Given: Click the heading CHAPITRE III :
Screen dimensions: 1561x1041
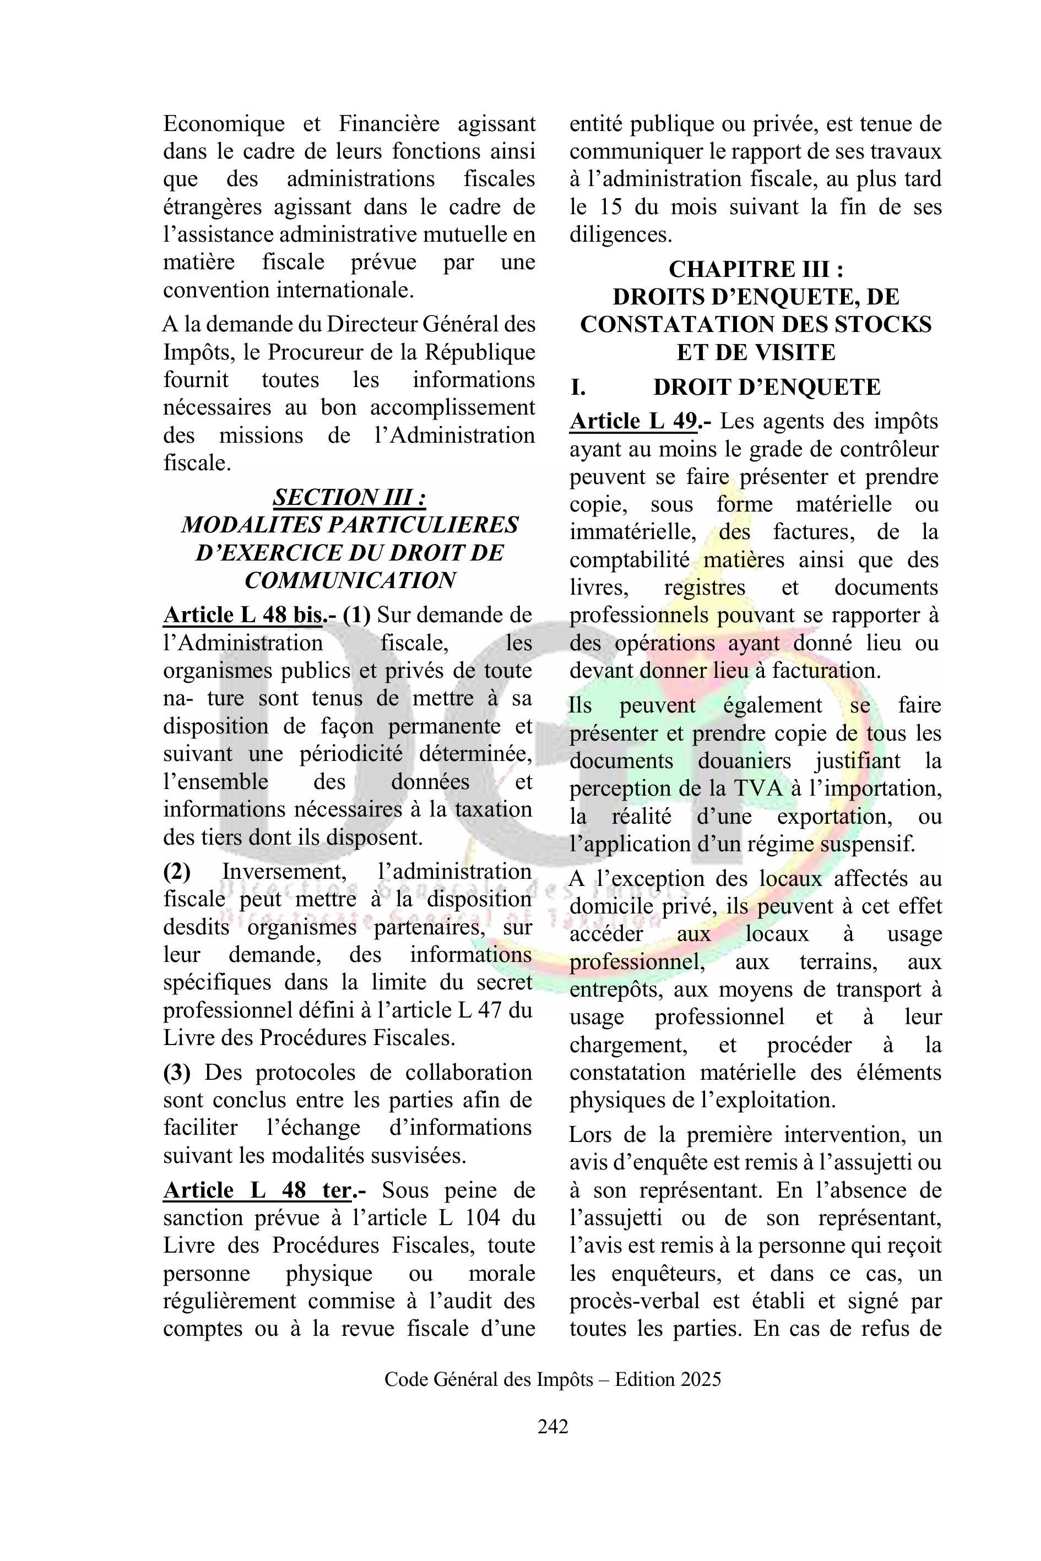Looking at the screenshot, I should tap(756, 269).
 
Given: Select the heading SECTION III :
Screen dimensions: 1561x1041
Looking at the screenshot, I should tap(349, 497).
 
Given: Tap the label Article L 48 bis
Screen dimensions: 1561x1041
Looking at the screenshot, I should tap(243, 614).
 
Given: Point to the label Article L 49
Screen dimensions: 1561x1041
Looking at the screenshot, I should tap(633, 421).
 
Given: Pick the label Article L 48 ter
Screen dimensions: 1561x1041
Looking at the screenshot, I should tap(257, 1190).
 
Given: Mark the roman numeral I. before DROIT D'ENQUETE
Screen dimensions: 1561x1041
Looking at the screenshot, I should tap(578, 387).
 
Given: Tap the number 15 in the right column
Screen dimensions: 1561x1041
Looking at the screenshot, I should tap(614, 206).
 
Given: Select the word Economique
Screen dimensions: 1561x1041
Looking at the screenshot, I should tap(224, 123).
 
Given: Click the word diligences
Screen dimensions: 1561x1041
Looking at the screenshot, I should tap(620, 234).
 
